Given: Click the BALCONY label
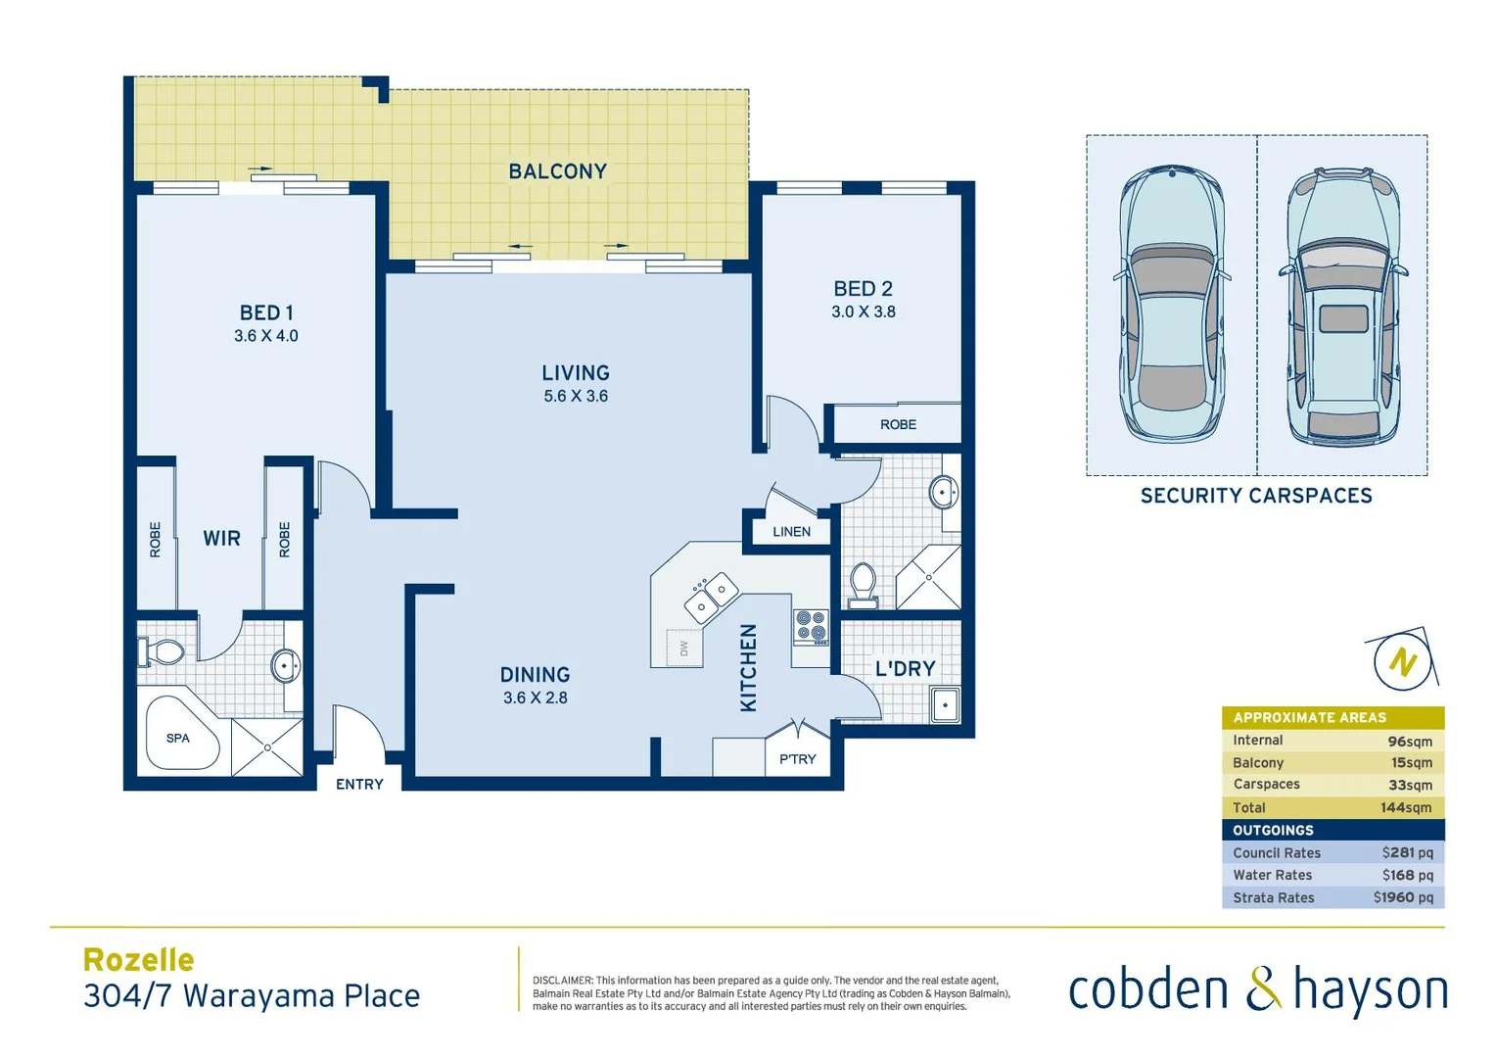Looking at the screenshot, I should coord(557,171).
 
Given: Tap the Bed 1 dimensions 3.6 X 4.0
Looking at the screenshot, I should coord(265,336).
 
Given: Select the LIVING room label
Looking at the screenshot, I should coord(576,373).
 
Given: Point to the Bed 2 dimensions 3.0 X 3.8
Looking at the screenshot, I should coord(863,313).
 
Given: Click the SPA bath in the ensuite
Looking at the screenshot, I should coord(179,737).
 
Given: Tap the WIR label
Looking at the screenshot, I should coord(221,539).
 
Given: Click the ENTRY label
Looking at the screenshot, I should coord(359,785).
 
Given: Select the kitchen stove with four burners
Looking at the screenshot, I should coord(811,626).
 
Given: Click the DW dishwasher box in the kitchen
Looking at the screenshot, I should coord(683,648).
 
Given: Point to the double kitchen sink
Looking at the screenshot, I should coord(712,597).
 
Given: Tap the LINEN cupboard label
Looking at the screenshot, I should coord(791,532).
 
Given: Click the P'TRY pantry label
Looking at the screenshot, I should coord(797,759).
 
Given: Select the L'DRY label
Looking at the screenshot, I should coord(905,669).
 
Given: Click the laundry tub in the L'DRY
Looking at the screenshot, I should coord(945,705).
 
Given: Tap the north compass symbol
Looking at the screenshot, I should coord(1403,662).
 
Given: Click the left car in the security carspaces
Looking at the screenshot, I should coord(1171,304).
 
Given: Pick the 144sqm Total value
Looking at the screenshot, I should coord(1406,808).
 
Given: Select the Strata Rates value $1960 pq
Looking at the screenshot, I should coord(1402,898).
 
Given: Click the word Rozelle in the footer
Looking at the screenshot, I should coord(139,960).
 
